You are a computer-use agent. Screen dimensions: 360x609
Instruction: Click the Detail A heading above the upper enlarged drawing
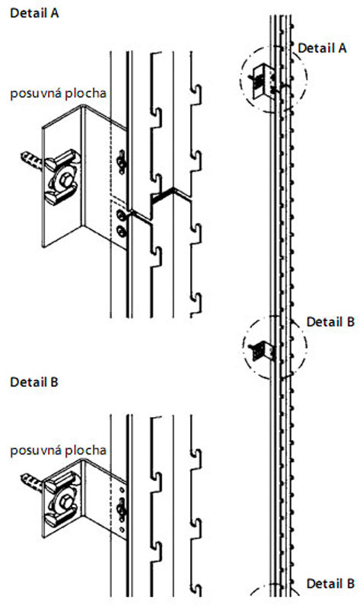pyautogui.click(x=34, y=13)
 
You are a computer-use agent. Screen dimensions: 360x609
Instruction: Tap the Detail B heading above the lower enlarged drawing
pyautogui.click(x=34, y=382)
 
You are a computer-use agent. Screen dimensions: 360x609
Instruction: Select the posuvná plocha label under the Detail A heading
pyautogui.click(x=59, y=94)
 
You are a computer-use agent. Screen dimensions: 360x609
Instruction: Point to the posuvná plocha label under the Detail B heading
pyautogui.click(x=59, y=451)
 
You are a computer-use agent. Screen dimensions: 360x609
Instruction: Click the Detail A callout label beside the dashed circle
pyautogui.click(x=322, y=48)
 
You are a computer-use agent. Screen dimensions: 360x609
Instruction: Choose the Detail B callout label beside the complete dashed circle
pyautogui.click(x=330, y=322)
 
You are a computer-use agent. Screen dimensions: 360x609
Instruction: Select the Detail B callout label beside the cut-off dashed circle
pyautogui.click(x=330, y=584)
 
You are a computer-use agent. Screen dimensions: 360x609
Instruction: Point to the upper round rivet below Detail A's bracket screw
pyautogui.click(x=122, y=215)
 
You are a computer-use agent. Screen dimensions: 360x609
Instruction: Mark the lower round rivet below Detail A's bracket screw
pyautogui.click(x=122, y=231)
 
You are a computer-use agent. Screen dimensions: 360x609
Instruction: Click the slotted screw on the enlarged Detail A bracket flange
pyautogui.click(x=122, y=161)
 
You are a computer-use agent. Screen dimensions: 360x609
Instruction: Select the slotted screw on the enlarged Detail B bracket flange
pyautogui.click(x=122, y=509)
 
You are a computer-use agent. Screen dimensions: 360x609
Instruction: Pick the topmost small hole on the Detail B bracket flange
pyautogui.click(x=122, y=489)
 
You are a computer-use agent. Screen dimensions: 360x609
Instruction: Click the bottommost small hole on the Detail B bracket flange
pyautogui.click(x=122, y=529)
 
